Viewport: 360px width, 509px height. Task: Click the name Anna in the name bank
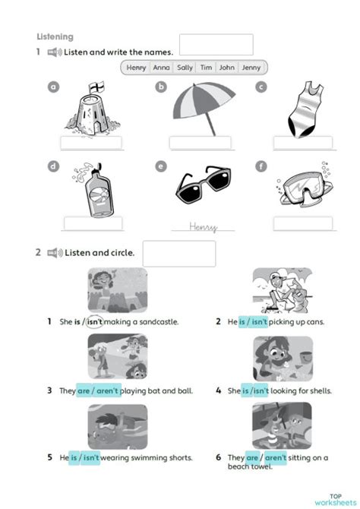pos(161,68)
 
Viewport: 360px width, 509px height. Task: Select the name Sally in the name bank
pos(185,68)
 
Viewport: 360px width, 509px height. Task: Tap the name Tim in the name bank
pos(206,68)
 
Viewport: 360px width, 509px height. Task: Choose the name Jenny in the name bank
pos(251,68)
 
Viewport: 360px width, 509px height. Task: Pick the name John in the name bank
pos(226,68)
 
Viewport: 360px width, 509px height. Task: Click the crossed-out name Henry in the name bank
pos(137,68)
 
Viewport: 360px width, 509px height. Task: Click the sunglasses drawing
pos(203,186)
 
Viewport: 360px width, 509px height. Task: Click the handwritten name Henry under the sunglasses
pos(203,226)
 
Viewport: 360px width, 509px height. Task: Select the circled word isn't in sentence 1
pos(95,321)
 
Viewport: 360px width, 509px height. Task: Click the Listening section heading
pos(55,36)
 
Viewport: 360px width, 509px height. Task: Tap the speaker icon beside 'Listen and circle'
pos(54,253)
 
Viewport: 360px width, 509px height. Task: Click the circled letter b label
pos(161,87)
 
